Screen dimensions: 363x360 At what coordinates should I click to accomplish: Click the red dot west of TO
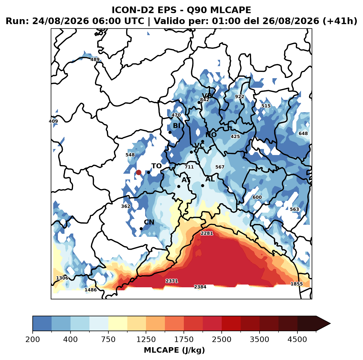point(139,172)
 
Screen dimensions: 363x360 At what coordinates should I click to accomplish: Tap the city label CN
point(149,222)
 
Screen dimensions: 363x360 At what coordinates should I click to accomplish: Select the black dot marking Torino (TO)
point(148,172)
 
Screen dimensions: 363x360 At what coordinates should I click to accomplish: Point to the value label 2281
point(207,234)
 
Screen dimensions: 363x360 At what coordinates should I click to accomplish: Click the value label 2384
point(200,287)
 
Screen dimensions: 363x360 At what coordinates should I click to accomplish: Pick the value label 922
point(240,97)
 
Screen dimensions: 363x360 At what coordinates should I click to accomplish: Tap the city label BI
point(177,126)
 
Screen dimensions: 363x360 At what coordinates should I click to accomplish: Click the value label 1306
point(62,278)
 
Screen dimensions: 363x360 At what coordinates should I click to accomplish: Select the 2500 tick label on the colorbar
point(221,339)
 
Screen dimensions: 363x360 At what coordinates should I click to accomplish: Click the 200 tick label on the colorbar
point(33,339)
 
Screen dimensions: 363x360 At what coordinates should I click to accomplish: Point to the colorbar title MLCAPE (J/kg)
point(174,350)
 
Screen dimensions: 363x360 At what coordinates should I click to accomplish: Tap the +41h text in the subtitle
point(340,21)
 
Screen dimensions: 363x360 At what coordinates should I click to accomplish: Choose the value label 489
point(95,60)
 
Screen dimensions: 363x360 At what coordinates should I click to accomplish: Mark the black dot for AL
point(202,185)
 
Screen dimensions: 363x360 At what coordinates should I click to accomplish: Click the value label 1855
point(297,284)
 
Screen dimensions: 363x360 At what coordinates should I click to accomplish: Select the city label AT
point(186,180)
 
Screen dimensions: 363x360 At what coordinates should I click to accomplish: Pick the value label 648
point(303,133)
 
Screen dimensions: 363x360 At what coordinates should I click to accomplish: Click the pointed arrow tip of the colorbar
point(330,324)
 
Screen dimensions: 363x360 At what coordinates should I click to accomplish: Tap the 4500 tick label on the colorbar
point(297,339)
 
